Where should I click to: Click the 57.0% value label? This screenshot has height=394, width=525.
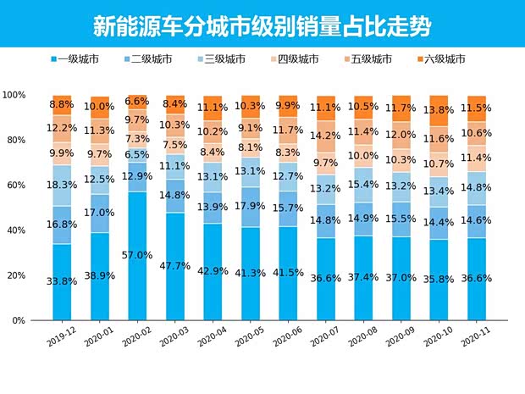[x=137, y=255]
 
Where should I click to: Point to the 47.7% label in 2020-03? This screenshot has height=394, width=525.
[x=175, y=265]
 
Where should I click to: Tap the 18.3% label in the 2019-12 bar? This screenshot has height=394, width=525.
[x=62, y=185]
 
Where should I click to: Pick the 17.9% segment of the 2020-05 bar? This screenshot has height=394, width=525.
[x=251, y=204]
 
